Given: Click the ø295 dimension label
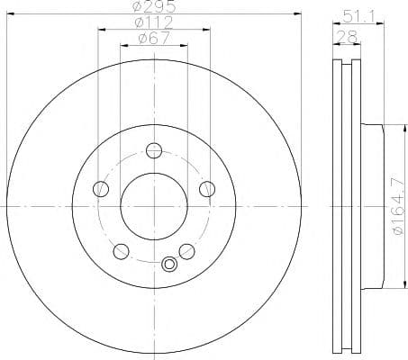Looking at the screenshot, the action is [x=154, y=6].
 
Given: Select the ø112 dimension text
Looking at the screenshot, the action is [x=154, y=22].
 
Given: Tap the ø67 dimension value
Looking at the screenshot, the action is [x=154, y=38].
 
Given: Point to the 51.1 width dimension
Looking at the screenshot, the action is [x=358, y=17].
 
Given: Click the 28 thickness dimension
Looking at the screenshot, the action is [x=347, y=37].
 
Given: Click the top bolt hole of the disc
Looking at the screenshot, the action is [x=154, y=150].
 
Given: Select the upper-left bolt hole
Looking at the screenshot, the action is [x=101, y=189].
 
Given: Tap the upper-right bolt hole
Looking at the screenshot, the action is [x=207, y=189].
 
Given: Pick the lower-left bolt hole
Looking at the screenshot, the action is [x=121, y=251].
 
